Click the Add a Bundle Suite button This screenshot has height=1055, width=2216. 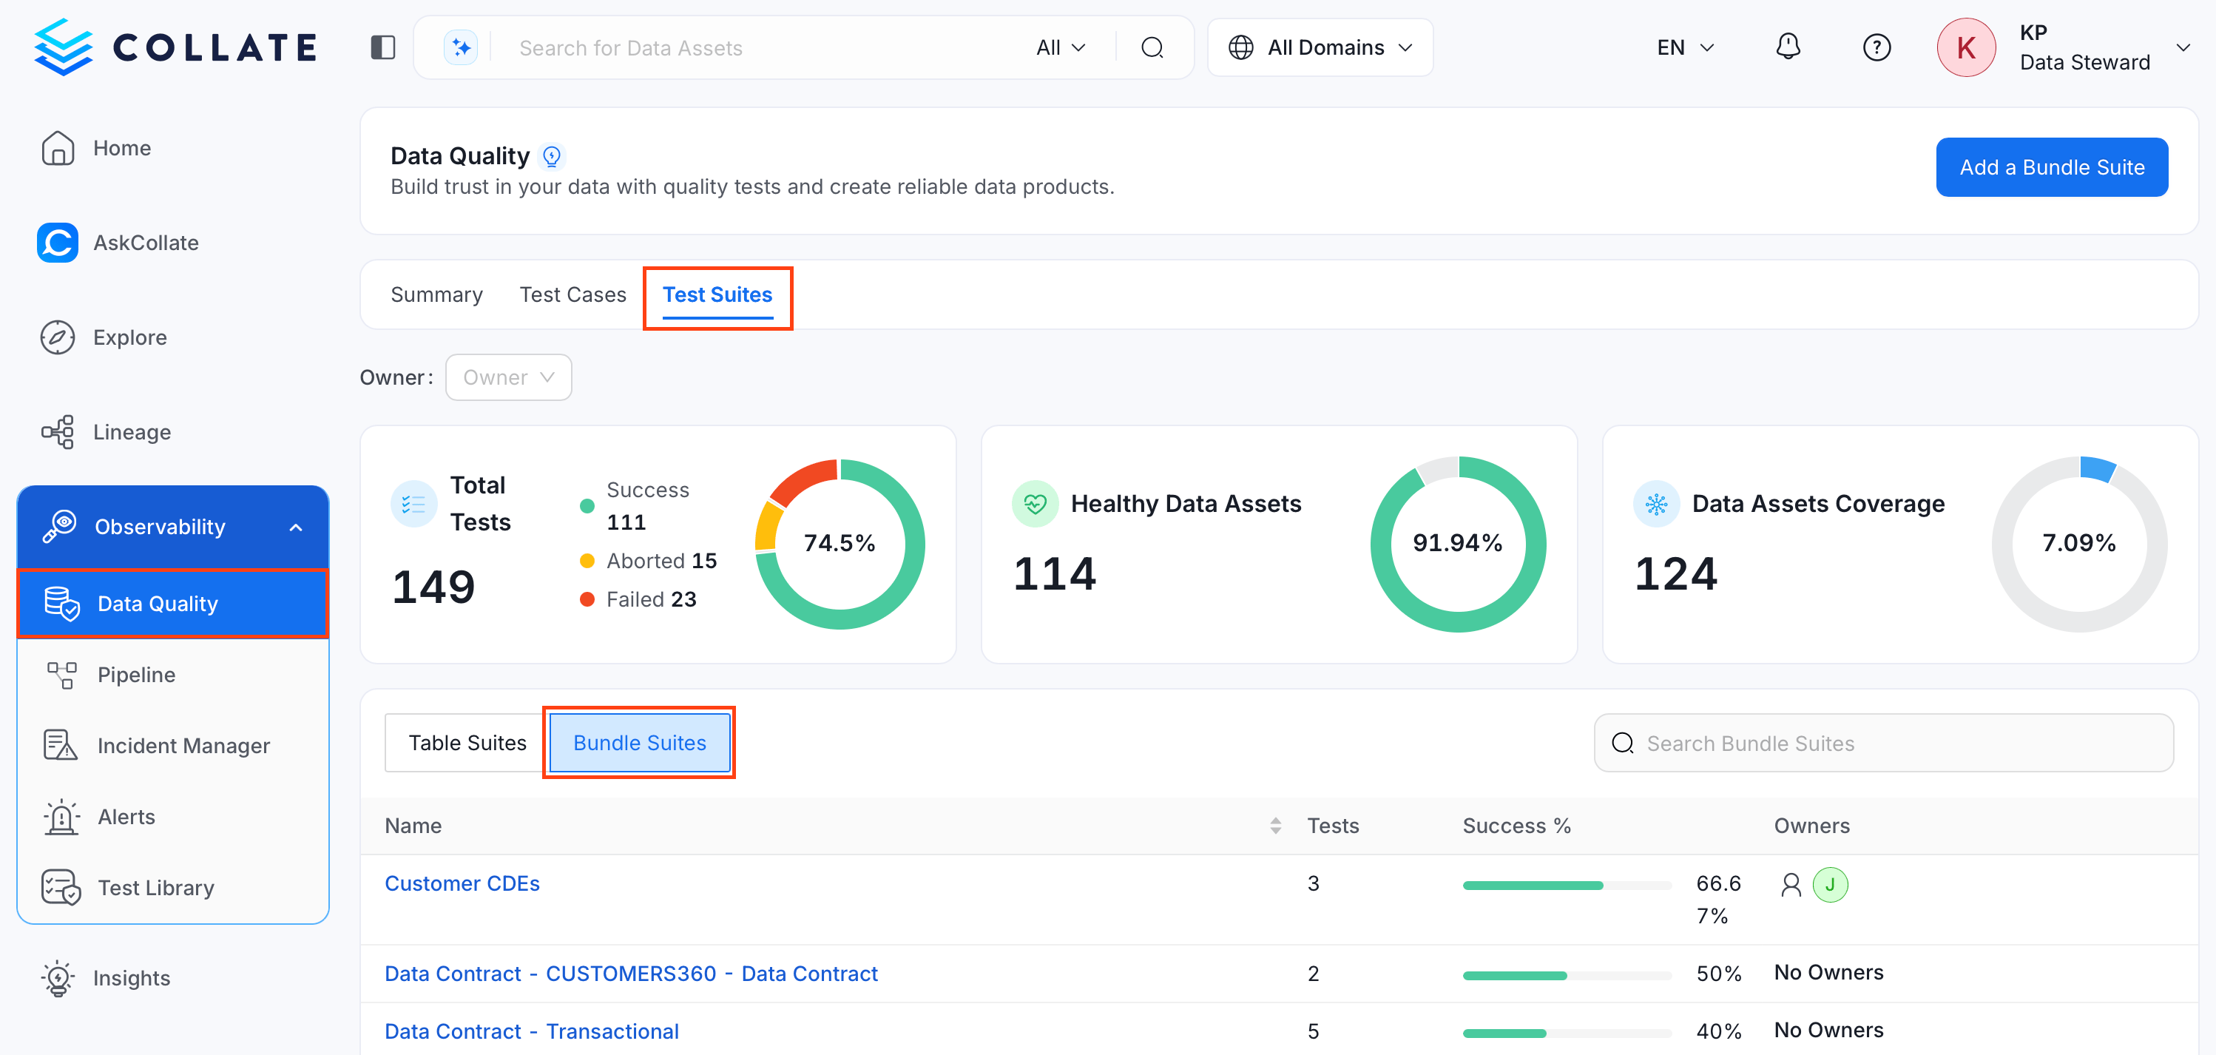[2051, 167]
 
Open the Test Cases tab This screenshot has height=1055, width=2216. [573, 294]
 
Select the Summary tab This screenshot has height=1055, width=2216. [436, 294]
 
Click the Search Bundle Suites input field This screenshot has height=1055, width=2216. [1883, 743]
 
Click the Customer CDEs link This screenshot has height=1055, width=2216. [462, 884]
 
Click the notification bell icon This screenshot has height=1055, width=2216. [1788, 47]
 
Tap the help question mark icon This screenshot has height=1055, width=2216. [1876, 47]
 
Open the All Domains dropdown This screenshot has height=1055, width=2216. [1320, 47]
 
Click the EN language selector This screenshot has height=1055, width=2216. [1685, 47]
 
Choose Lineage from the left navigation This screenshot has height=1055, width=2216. [132, 432]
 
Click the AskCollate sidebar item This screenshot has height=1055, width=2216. [146, 243]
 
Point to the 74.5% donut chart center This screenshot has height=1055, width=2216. [839, 543]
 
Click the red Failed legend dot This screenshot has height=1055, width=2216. [587, 599]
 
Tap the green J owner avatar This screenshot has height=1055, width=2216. [1830, 885]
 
